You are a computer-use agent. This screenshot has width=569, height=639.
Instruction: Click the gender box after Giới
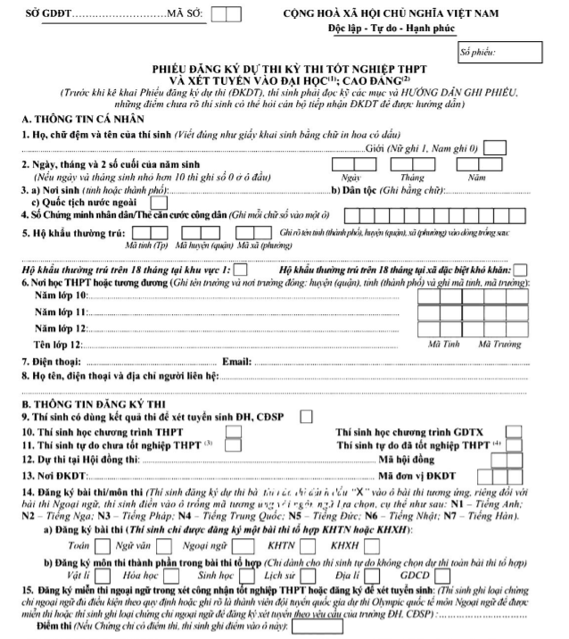(498, 147)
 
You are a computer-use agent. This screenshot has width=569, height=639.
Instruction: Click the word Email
(235, 361)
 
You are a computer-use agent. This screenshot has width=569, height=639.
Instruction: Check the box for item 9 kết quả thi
(306, 416)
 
